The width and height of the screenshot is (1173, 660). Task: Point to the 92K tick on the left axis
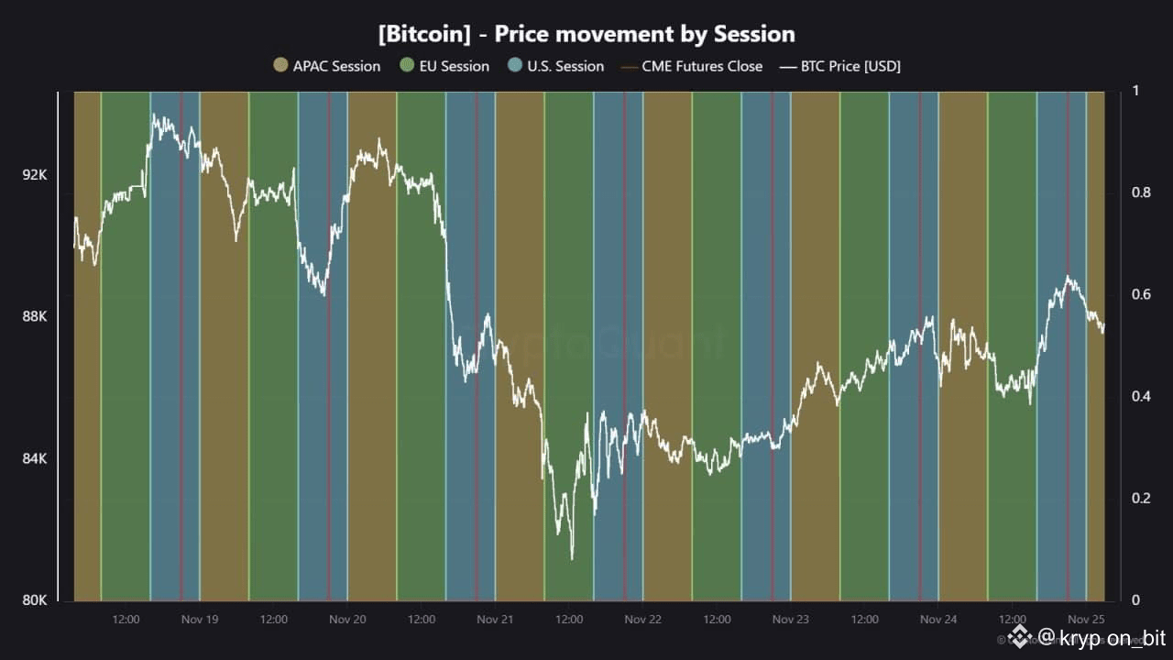pyautogui.click(x=35, y=174)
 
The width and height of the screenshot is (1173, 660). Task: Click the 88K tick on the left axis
pyautogui.click(x=35, y=316)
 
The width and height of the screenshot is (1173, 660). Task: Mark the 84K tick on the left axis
pyautogui.click(x=35, y=458)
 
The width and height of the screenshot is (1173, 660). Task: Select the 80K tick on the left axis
pyautogui.click(x=35, y=600)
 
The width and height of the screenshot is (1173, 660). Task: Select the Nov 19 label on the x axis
pyautogui.click(x=200, y=620)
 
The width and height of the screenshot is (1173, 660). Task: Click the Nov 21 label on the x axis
pyautogui.click(x=495, y=620)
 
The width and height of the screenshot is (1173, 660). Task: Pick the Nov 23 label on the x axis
pyautogui.click(x=791, y=620)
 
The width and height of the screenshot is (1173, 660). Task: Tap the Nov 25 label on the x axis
pyautogui.click(x=1086, y=620)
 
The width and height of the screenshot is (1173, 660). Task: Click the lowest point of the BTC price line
pyautogui.click(x=572, y=558)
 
